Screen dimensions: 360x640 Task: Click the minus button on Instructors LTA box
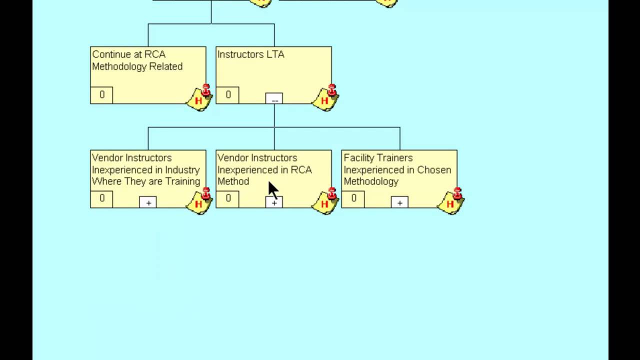point(274,99)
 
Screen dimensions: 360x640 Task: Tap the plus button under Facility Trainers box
point(399,202)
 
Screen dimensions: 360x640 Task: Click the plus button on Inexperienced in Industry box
point(148,202)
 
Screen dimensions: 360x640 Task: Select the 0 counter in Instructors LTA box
point(228,95)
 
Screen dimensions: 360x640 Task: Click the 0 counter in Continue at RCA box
point(102,95)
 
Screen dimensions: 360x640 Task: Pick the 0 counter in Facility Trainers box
point(353,198)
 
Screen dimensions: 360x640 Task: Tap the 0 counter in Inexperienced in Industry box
point(102,198)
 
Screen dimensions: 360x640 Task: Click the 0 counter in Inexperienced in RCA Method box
point(228,198)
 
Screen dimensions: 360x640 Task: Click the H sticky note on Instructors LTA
point(325,98)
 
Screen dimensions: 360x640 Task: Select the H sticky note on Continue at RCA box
point(199,98)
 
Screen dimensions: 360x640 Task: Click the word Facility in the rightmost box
point(358,158)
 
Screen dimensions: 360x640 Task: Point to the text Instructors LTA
point(251,54)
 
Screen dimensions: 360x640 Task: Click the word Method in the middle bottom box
point(233,181)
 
